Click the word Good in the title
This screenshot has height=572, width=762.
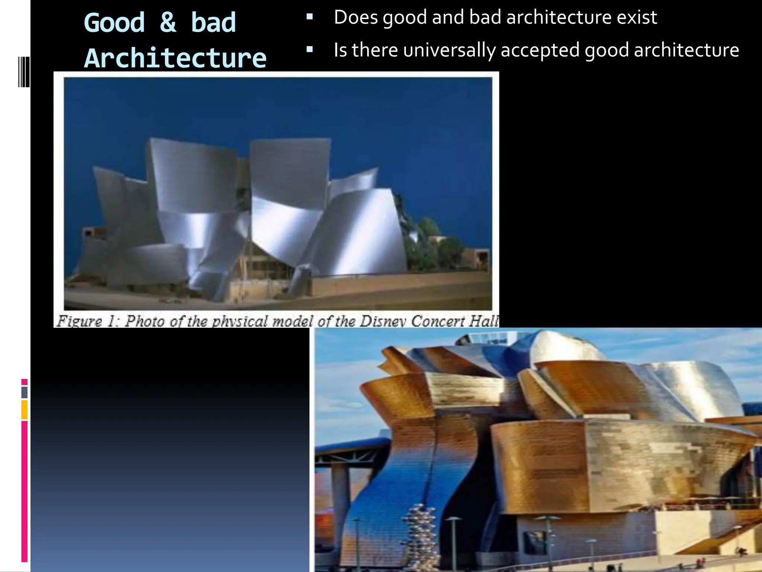pyautogui.click(x=114, y=23)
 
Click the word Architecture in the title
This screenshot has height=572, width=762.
pyautogui.click(x=175, y=58)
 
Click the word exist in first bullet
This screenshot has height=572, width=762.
pyautogui.click(x=637, y=18)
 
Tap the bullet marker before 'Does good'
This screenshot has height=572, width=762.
pyautogui.click(x=310, y=17)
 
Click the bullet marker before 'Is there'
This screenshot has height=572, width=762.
pyautogui.click(x=310, y=49)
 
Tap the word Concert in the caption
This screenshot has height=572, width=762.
pyautogui.click(x=438, y=321)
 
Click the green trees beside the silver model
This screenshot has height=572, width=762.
pyautogui.click(x=428, y=238)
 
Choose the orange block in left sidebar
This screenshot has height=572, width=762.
pyautogui.click(x=25, y=410)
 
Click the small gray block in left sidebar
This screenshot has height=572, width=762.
pyautogui.click(x=25, y=392)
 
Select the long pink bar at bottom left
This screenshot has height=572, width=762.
pyautogui.click(x=25, y=492)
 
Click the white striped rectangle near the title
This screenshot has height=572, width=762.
pyautogui.click(x=24, y=72)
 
